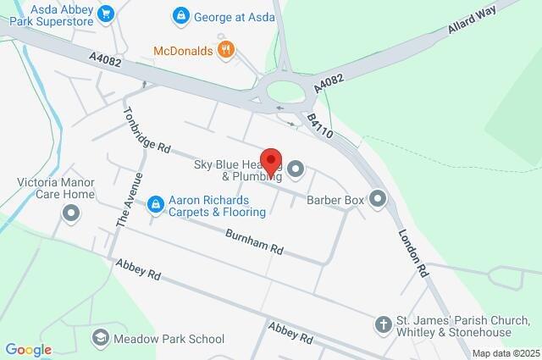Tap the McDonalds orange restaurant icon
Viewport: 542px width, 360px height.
coord(224,50)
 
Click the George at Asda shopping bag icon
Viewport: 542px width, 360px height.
coord(180,15)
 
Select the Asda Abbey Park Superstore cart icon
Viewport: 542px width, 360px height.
coord(106,14)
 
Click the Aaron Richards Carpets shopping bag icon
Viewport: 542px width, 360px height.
coord(155,204)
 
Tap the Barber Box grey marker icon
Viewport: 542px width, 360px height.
coord(378,200)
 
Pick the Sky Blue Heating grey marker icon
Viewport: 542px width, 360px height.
coord(296,170)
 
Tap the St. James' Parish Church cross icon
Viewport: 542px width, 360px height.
coord(383,324)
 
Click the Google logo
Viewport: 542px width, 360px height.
coord(28,349)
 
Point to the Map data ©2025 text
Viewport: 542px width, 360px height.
coord(506,353)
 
